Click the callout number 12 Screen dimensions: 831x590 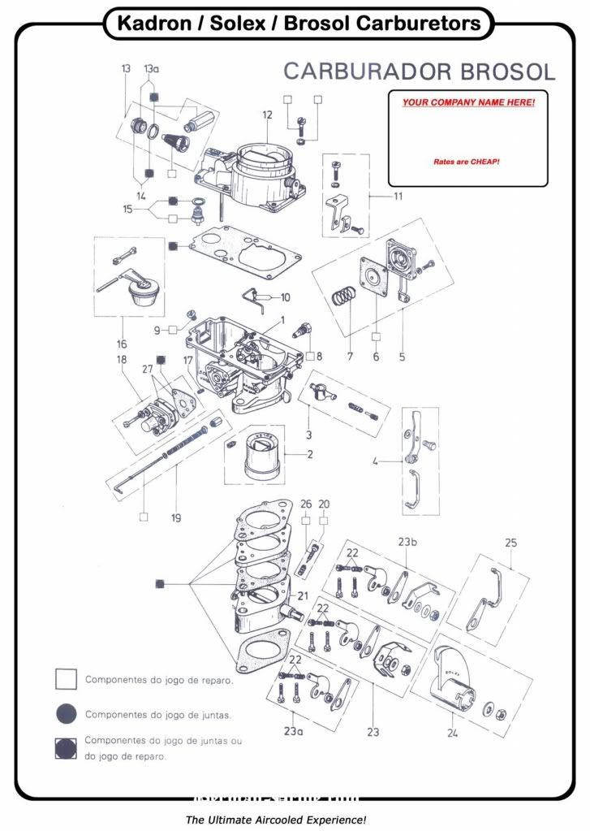click(x=267, y=115)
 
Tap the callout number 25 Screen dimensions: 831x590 click(x=510, y=542)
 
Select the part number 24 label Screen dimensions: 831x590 click(x=452, y=732)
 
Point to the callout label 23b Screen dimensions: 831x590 click(x=407, y=542)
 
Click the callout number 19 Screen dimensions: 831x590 click(x=176, y=517)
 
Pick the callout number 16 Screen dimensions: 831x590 click(x=122, y=344)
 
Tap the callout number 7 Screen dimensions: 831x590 click(x=350, y=357)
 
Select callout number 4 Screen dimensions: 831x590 click(x=375, y=461)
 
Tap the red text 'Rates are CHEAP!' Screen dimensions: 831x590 click(x=467, y=162)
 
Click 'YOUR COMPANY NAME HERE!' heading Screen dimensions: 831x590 click(x=468, y=103)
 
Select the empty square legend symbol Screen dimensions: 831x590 click(x=67, y=679)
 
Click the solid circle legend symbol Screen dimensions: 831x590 click(x=67, y=714)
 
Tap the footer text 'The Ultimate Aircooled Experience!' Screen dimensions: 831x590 click(x=277, y=820)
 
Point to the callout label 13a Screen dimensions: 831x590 click(x=152, y=69)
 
